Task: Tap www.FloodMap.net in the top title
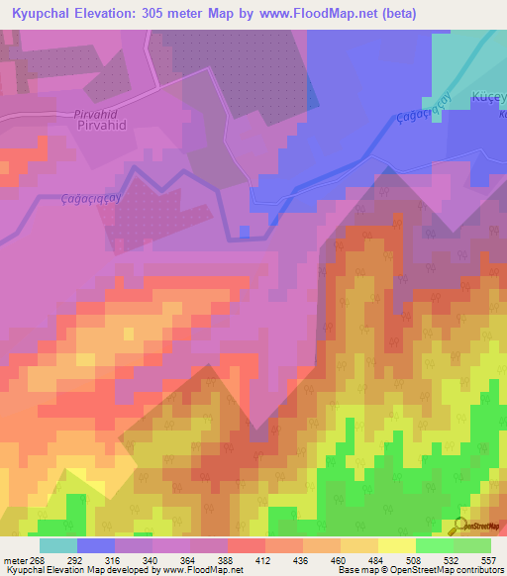coord(319,14)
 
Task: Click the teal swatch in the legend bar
coord(58,545)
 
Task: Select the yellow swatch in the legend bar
coord(397,545)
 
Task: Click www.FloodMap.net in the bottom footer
coord(205,569)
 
